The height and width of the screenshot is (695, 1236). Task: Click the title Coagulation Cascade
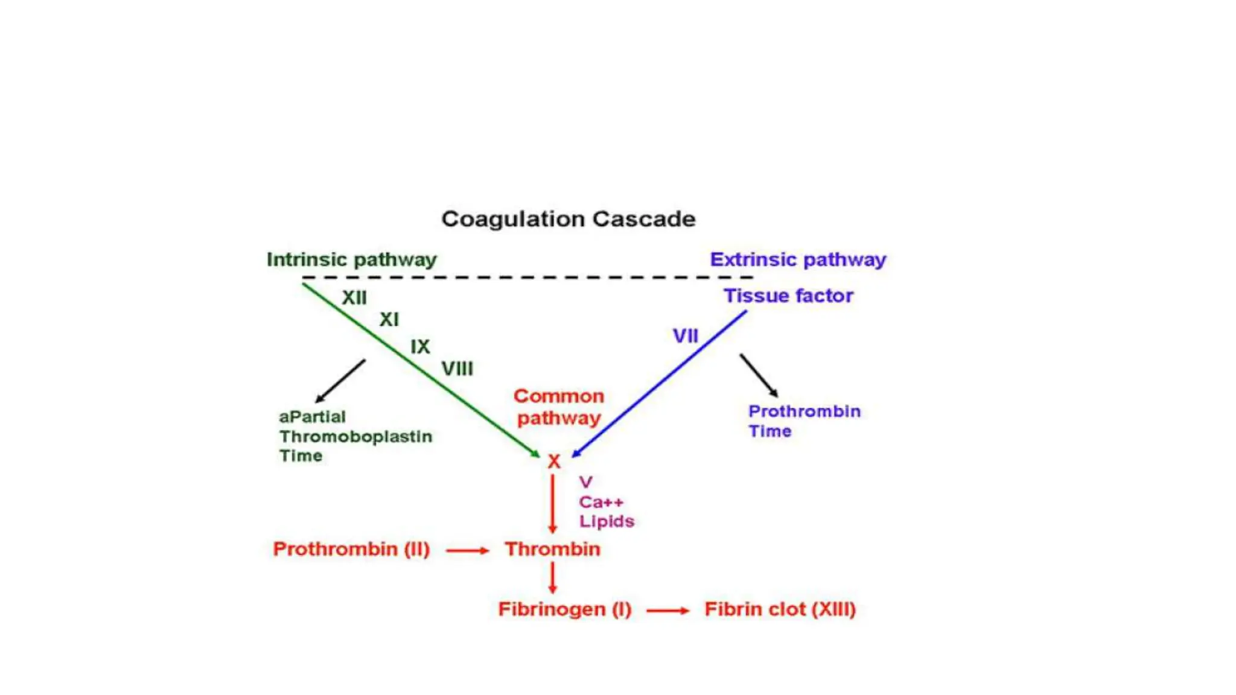click(568, 219)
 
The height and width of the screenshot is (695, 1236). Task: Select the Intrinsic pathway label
click(351, 259)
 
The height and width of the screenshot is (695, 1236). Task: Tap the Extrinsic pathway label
click(798, 259)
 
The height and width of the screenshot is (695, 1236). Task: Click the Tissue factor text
click(788, 296)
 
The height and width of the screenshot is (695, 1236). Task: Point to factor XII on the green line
click(354, 297)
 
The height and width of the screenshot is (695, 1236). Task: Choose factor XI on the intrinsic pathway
click(389, 319)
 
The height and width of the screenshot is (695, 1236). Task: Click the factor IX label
click(420, 346)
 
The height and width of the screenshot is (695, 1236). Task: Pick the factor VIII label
click(457, 369)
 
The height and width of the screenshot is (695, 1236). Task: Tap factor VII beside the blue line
click(686, 336)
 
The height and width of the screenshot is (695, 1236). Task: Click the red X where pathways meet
click(554, 462)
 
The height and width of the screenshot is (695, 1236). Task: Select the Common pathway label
click(559, 407)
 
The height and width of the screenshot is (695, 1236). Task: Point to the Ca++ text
click(601, 502)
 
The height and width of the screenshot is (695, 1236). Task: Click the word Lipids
click(607, 521)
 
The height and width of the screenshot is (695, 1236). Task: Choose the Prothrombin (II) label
click(351, 549)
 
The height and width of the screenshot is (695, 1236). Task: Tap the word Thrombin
click(553, 549)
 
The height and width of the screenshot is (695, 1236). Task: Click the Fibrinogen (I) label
click(565, 609)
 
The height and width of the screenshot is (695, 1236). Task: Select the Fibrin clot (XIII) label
click(780, 609)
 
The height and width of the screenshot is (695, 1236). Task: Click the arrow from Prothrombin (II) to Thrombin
click(467, 550)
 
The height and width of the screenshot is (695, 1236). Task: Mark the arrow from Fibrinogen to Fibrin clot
click(667, 611)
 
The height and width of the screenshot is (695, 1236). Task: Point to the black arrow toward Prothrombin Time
click(759, 375)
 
